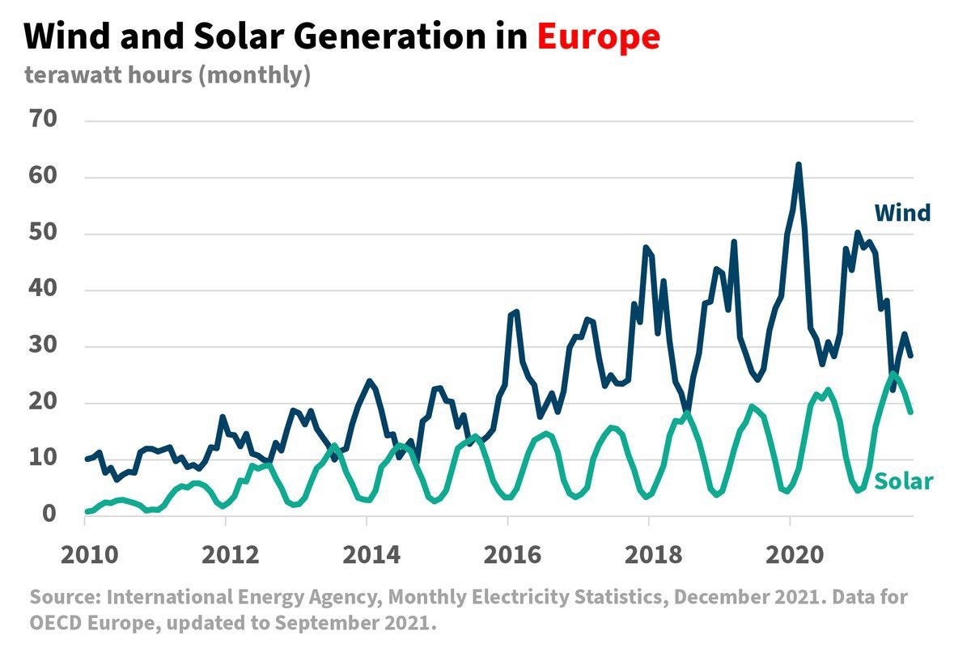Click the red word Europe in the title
599,36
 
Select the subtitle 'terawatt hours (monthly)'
167,75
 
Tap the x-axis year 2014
367,556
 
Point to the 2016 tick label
507,556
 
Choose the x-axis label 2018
648,556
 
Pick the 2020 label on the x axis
789,556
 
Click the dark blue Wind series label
902,213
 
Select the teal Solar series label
905,482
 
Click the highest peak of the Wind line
798,165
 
